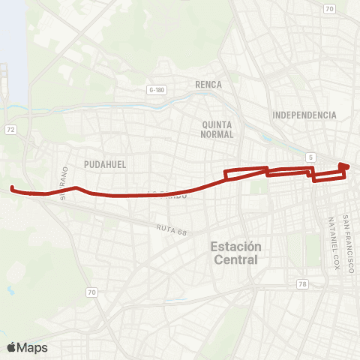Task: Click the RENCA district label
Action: pos(208,85)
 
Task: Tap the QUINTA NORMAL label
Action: pos(218,129)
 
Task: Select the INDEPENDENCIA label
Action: pos(304,115)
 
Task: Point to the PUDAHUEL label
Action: pos(105,163)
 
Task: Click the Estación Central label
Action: pos(235,253)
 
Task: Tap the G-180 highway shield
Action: pos(157,90)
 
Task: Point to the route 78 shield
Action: pos(302,283)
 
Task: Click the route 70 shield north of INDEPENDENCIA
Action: pos(328,9)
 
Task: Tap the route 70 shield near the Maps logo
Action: pos(91,292)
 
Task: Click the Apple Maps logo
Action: pos(27,347)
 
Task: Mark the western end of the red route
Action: pos(12,188)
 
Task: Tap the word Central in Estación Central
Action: pos(235,260)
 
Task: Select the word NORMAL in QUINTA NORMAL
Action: pos(218,135)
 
